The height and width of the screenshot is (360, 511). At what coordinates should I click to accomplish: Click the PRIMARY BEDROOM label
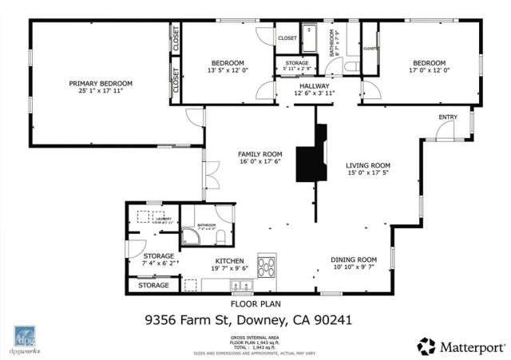click(100, 84)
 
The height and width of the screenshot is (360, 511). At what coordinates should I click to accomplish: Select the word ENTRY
click(448, 118)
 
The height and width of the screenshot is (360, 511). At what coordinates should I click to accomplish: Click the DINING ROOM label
click(354, 259)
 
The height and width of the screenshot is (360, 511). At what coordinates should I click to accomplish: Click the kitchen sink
click(239, 285)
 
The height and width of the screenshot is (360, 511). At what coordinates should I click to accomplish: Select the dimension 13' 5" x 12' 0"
click(228, 70)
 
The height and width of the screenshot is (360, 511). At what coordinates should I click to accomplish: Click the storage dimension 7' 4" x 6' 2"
click(158, 263)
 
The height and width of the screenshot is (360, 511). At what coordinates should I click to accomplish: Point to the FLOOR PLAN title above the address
click(254, 303)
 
